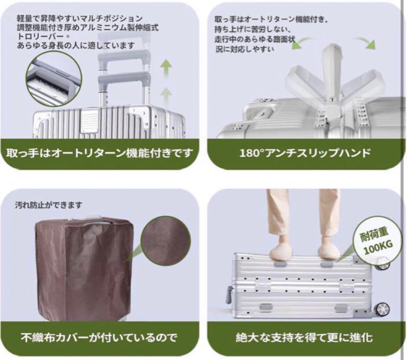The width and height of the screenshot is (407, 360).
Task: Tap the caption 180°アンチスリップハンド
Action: [x=305, y=153]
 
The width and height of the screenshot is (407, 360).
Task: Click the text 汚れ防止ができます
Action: [x=48, y=205]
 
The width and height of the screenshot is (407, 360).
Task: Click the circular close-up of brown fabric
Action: [x=164, y=241]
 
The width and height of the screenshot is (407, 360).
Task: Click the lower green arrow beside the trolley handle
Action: [x=165, y=93]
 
